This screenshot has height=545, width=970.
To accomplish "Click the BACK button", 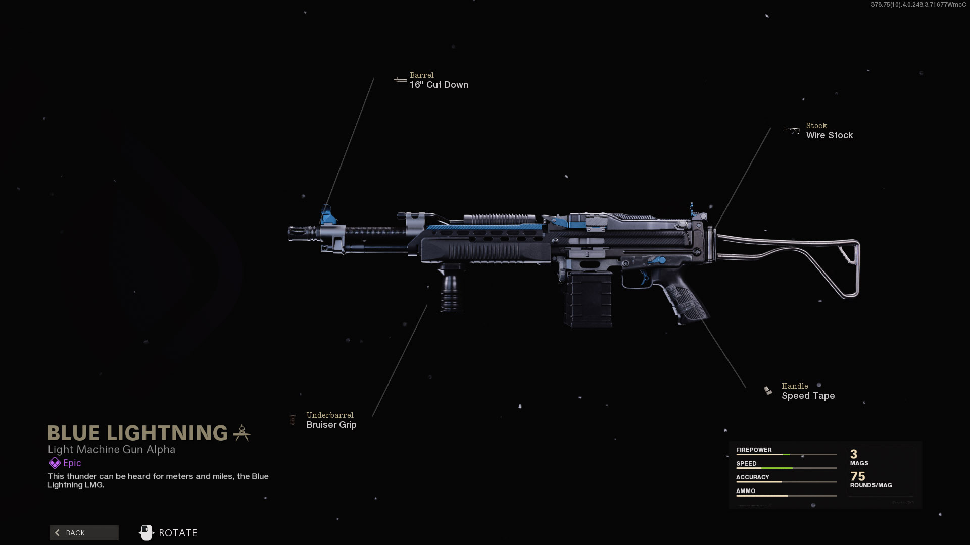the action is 84,533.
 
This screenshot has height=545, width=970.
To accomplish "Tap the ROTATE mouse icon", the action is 146,533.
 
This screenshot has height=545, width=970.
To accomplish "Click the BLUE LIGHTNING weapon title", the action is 137,433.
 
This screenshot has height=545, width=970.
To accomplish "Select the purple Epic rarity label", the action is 72,463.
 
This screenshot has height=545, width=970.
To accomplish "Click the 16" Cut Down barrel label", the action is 439,85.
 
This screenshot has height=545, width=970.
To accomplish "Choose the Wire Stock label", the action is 829,135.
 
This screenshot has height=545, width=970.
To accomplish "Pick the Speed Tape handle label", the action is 808,396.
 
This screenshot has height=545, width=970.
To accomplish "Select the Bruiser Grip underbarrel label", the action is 331,425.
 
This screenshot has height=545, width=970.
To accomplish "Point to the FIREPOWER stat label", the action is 754,450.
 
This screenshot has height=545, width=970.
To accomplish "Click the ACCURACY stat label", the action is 752,477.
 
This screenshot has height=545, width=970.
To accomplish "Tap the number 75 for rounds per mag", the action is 857,476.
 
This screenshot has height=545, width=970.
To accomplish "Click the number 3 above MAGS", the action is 854,454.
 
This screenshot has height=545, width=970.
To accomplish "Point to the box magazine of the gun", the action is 588,299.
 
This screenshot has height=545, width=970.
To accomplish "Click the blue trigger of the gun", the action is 644,277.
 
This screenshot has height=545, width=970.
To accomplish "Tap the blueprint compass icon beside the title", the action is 241,433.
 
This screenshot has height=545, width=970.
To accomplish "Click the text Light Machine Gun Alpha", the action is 111,449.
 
